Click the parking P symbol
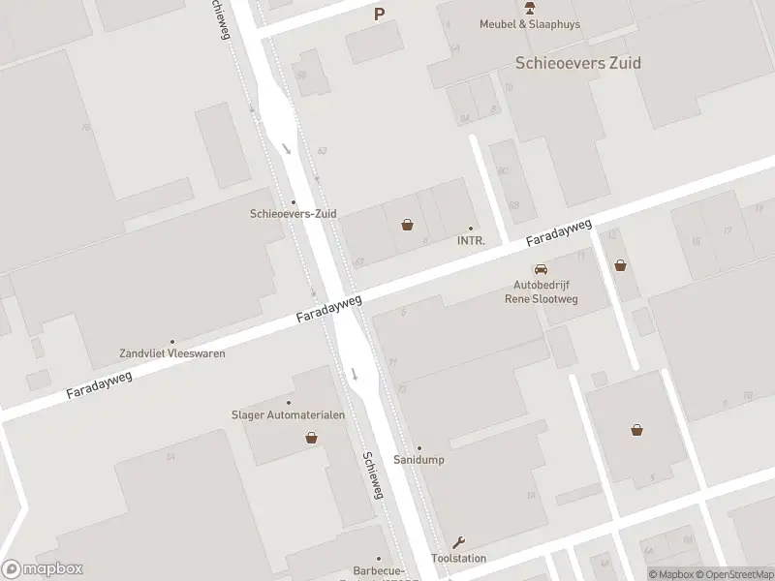(380, 14)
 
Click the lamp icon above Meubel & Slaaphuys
(530, 7)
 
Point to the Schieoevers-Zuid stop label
(293, 214)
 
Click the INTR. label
(471, 240)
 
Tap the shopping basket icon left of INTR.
(409, 226)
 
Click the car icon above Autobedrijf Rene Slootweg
(541, 269)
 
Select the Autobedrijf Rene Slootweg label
(546, 291)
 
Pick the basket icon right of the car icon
(620, 264)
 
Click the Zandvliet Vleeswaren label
(171, 353)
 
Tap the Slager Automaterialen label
(288, 415)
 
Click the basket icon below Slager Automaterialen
(312, 438)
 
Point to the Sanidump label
(419, 460)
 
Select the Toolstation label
(458, 559)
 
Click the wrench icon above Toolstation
(459, 542)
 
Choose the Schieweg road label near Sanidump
(374, 475)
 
